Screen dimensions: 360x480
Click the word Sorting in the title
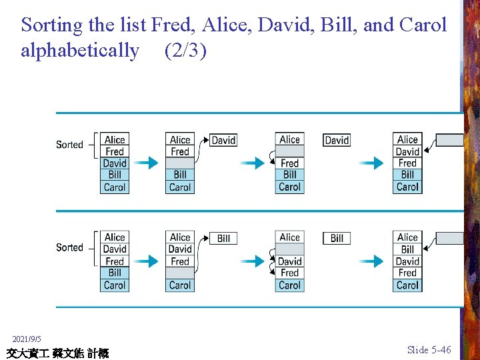[x=52, y=25]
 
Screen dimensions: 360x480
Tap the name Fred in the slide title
[x=170, y=25]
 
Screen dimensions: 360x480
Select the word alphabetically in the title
[x=80, y=50]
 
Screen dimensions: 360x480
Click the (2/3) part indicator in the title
[x=185, y=50]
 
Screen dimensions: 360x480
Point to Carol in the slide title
[x=423, y=25]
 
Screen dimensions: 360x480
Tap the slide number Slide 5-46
[x=429, y=350]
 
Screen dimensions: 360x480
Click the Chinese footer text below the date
[x=57, y=353]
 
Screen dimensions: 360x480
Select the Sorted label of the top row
[x=69, y=145]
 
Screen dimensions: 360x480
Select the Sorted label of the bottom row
[x=69, y=247]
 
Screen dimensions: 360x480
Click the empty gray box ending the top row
[x=449, y=140]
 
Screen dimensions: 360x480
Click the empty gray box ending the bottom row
[x=449, y=238]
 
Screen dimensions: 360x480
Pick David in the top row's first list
[x=115, y=163]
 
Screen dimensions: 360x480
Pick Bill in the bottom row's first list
[x=115, y=273]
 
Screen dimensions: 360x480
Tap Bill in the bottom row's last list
[x=407, y=249]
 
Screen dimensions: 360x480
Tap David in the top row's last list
[x=407, y=151]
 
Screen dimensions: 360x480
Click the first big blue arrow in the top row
[x=149, y=163]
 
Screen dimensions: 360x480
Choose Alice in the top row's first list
[x=115, y=140]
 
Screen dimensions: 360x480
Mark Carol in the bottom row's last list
[x=407, y=285]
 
